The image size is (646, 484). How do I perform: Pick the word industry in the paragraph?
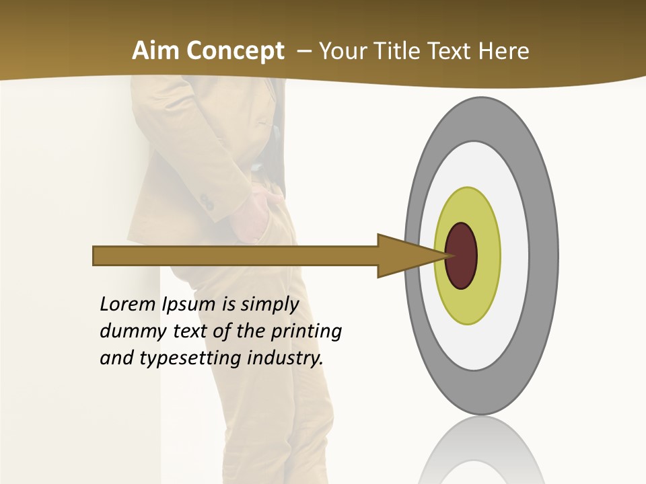click(x=285, y=358)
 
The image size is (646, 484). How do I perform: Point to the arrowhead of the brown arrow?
click(x=404, y=256)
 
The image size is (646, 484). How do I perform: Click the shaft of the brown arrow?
click(x=236, y=256)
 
